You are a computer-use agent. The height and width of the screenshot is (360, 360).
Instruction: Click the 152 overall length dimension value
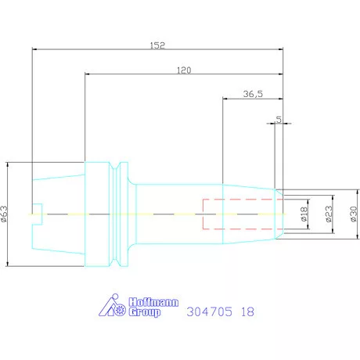[157, 45]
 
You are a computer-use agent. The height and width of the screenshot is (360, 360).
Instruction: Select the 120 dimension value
[184, 70]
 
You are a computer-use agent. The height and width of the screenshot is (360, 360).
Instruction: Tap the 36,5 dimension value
[253, 94]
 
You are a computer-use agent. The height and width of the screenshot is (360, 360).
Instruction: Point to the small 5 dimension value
[279, 120]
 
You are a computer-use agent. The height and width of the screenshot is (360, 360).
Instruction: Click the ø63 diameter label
[5, 214]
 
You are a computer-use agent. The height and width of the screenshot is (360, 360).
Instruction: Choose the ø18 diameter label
[304, 214]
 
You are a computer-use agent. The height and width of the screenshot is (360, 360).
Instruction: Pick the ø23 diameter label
[329, 214]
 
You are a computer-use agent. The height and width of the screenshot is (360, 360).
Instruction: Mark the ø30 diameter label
[354, 214]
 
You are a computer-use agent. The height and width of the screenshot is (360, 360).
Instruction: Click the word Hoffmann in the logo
[153, 302]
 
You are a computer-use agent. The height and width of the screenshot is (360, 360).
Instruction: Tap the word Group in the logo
[145, 312]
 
